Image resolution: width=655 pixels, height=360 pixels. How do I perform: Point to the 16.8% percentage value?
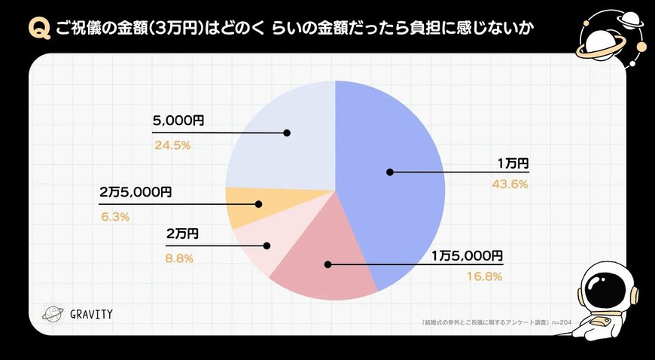(483, 276)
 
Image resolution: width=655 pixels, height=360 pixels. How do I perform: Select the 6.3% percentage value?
(114, 216)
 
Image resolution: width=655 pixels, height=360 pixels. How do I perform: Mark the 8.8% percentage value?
(180, 258)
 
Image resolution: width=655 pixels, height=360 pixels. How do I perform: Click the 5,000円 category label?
(178, 121)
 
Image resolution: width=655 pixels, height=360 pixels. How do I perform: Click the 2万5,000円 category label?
(136, 192)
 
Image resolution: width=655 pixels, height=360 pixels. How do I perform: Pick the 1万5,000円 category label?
(467, 255)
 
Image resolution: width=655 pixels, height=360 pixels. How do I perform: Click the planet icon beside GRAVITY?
(53, 314)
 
